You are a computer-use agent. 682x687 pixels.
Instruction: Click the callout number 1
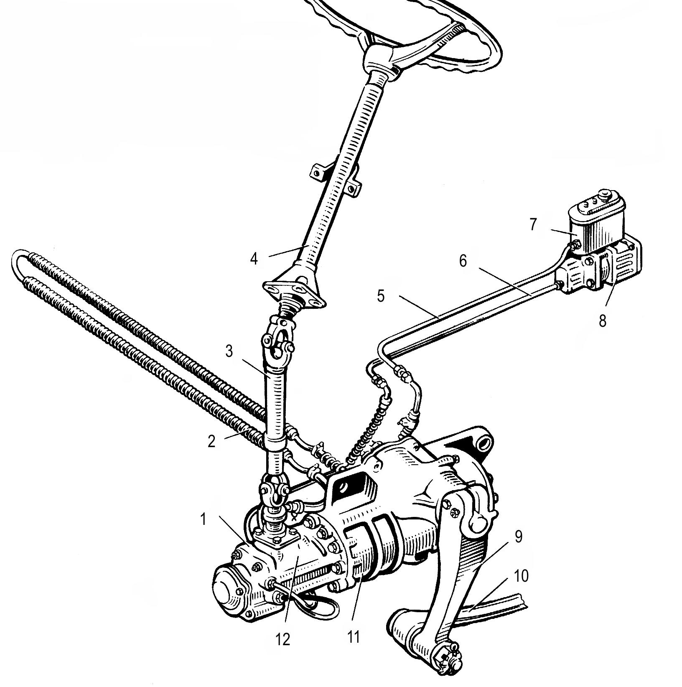[203, 519]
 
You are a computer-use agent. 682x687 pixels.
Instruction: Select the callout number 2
[212, 441]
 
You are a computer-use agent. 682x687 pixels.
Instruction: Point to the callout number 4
[254, 259]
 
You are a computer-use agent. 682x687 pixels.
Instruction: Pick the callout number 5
[380, 296]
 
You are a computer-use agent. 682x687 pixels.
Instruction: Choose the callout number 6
[463, 261]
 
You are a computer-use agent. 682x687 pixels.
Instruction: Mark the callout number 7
[533, 225]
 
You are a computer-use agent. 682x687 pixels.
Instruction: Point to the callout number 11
[354, 637]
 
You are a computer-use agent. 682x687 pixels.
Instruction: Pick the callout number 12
[283, 640]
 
